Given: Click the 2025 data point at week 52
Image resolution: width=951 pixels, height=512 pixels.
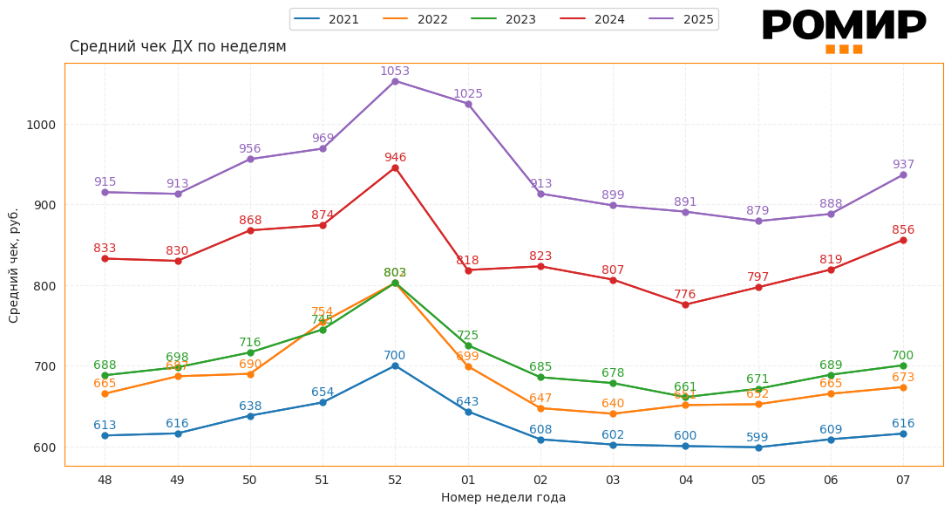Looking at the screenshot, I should pos(395,81).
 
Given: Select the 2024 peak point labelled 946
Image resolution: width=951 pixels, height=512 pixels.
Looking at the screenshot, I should pos(395,167).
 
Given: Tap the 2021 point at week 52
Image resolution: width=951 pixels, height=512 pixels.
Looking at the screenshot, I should pos(395,365).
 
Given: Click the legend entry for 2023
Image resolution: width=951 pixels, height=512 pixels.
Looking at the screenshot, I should pos(504,19).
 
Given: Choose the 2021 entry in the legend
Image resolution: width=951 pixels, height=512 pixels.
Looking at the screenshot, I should pos(327,19).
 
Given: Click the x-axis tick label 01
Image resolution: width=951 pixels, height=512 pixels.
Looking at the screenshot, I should pos(468,480).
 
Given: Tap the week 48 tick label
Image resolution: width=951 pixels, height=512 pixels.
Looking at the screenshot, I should pos(105,480).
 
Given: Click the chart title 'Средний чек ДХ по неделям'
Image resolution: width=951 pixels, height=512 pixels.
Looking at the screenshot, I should pos(178,47).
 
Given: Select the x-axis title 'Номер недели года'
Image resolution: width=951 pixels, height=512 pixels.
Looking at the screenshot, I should pos(503,498).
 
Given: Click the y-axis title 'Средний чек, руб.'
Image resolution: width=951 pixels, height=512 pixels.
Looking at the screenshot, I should pos(14,265).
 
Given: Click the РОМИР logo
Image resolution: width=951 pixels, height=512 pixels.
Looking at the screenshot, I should pos(843,29).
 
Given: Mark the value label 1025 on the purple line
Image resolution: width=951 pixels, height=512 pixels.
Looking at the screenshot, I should pos(468,94).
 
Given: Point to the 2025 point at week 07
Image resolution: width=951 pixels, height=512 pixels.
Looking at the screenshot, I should pos(903,174).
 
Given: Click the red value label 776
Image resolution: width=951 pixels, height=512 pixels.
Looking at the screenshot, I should pos(685,295).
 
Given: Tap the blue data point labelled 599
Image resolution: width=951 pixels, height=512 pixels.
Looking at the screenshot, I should pos(758,447).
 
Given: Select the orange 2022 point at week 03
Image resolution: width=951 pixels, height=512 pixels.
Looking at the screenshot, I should pos(613,413).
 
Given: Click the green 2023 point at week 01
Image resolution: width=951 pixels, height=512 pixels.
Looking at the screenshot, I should pos(468,345).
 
